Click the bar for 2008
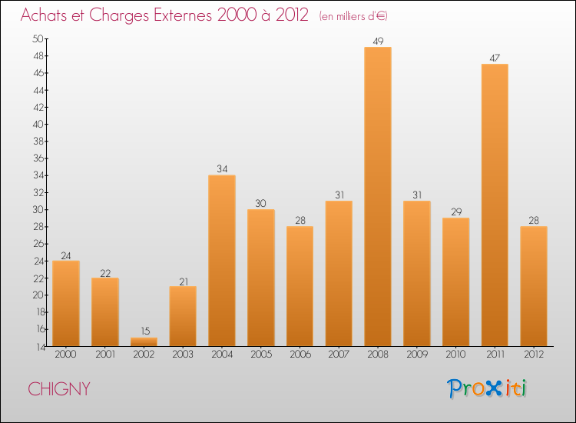pyautogui.click(x=378, y=196)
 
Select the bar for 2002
pyautogui.click(x=144, y=341)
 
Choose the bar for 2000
pyautogui.click(x=66, y=303)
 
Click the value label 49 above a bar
pyautogui.click(x=378, y=41)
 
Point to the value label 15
pyautogui.click(x=144, y=331)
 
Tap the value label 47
pyautogui.click(x=495, y=58)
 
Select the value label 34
pyautogui.click(x=222, y=169)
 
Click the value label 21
pyautogui.click(x=183, y=280)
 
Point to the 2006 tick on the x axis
pyautogui.click(x=300, y=355)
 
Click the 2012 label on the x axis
pyautogui.click(x=534, y=355)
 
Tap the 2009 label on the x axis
pyautogui.click(x=417, y=355)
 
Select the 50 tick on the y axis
pyautogui.click(x=38, y=38)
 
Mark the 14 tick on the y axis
pyautogui.click(x=38, y=347)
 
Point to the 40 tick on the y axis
pyautogui.click(x=38, y=124)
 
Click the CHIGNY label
pyautogui.click(x=59, y=389)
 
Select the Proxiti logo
pyautogui.click(x=487, y=388)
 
